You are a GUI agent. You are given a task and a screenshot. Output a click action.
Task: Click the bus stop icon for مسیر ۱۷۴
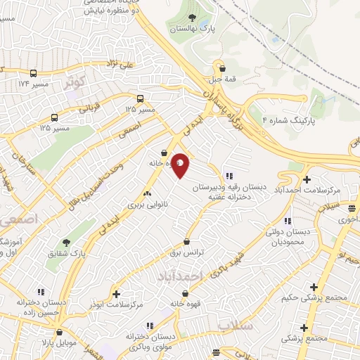coord(34,73)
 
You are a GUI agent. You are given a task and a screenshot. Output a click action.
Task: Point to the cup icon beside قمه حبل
coord(223,68)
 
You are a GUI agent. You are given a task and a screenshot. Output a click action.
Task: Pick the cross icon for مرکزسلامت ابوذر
coord(116,294)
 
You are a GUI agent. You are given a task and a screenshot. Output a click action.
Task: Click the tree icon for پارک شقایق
coord(67,243)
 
